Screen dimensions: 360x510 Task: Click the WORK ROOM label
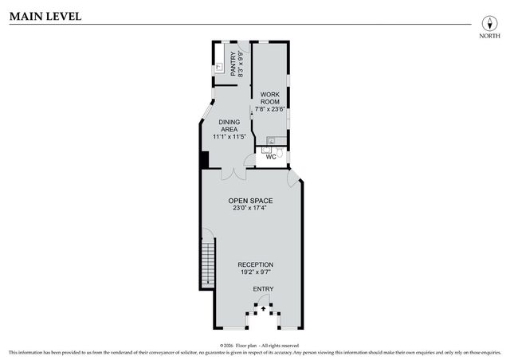[269, 100]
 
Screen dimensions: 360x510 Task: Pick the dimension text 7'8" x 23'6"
[269, 109]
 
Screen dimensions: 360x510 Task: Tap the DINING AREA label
[229, 126]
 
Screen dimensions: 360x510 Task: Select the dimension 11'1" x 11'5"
[229, 137]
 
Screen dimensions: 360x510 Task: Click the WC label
[270, 157]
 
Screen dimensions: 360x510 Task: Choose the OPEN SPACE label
[250, 201]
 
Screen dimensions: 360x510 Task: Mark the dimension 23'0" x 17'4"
[250, 209]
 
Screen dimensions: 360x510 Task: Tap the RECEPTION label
[255, 265]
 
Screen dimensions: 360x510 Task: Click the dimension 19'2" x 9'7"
[255, 273]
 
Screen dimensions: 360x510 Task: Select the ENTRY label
[263, 288]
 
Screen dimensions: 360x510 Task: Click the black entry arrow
[264, 305]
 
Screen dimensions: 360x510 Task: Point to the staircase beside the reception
[207, 267]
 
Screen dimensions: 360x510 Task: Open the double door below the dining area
[232, 173]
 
